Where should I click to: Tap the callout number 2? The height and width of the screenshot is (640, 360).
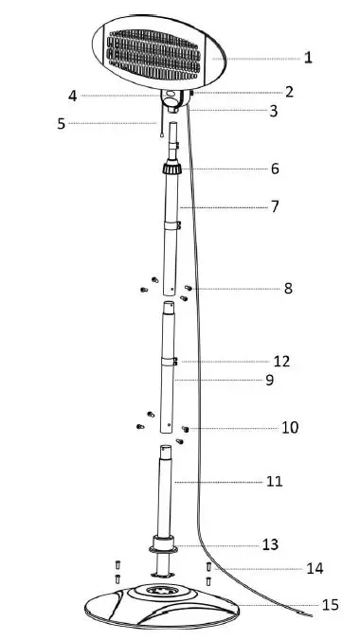290,92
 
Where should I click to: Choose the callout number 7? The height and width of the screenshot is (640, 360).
275,205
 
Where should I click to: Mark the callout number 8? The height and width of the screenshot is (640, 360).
288,288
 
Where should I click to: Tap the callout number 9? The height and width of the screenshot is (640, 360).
269,380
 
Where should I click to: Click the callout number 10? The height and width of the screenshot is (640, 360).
290,428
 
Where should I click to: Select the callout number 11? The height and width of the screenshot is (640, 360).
275,481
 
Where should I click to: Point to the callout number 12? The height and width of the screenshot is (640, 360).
280,362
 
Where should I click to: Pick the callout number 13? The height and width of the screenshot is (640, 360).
271,544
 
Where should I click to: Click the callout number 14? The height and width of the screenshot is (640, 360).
315,569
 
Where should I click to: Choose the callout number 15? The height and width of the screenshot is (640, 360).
330,604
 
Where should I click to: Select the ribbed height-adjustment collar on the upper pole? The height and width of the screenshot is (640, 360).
171,170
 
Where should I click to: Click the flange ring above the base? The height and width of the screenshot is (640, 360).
166,547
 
